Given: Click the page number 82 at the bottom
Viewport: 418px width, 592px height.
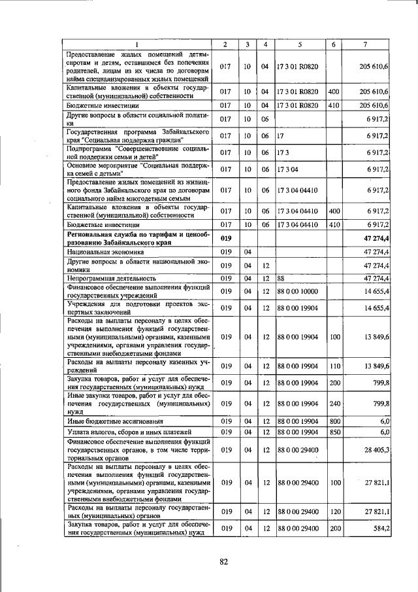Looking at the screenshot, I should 223,561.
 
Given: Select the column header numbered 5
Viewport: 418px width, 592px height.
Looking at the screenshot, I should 299,44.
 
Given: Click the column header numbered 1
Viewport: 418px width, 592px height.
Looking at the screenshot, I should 138,44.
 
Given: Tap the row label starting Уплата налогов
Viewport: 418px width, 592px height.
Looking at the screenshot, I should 119,432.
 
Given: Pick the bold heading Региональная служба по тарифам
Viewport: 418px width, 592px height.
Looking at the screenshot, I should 138,237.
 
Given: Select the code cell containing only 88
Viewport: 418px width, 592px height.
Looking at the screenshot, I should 281,278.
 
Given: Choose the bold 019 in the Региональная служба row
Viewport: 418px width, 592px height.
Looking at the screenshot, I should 225,238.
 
